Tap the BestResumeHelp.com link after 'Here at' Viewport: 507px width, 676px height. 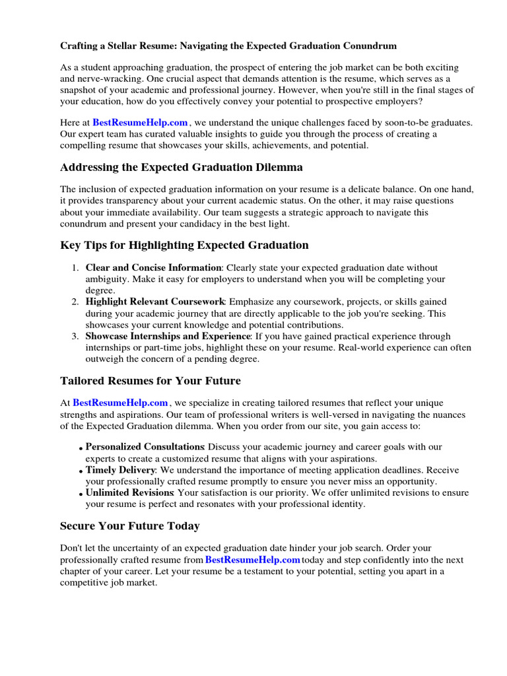click(141, 122)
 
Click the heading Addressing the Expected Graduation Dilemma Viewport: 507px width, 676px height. click(182, 167)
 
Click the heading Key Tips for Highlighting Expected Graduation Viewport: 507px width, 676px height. click(184, 245)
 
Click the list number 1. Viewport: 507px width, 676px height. click(75, 268)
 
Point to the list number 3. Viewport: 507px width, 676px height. click(75, 337)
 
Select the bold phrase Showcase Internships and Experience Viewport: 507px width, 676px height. click(168, 337)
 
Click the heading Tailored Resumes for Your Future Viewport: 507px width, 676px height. click(151, 381)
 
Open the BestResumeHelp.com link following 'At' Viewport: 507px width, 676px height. click(120, 403)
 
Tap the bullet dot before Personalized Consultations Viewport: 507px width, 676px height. click(81, 449)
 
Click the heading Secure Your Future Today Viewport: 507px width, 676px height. click(130, 526)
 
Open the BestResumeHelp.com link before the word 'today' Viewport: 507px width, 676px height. click(253, 560)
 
